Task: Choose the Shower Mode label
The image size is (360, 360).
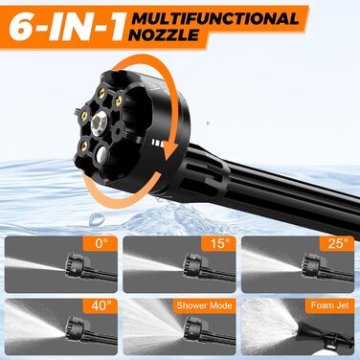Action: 200,309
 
